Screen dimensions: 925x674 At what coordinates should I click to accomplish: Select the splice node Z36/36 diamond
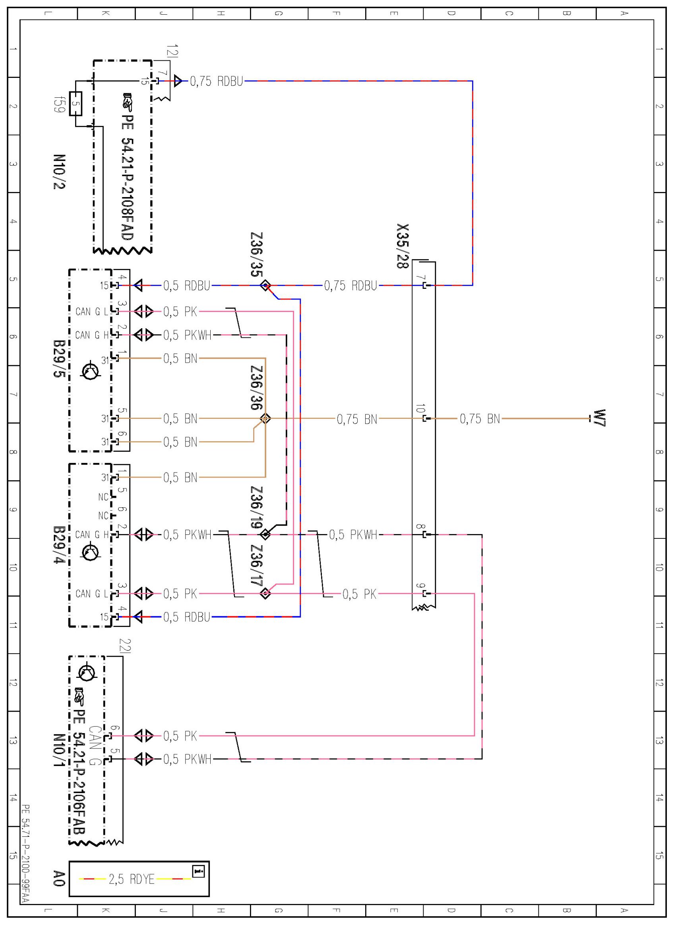(x=265, y=418)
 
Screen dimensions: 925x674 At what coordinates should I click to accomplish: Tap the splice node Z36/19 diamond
(x=265, y=534)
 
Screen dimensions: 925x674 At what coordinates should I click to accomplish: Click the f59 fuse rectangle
(x=76, y=104)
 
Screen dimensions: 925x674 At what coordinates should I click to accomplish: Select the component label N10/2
(x=60, y=172)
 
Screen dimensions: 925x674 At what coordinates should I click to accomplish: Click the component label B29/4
(x=60, y=544)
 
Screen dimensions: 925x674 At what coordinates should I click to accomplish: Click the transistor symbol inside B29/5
(x=91, y=372)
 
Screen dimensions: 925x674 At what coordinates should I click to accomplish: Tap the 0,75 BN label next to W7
(x=480, y=418)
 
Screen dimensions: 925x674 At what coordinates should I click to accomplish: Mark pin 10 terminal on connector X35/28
(x=425, y=418)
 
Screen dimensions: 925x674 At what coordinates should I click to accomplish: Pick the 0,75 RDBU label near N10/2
(x=216, y=81)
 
